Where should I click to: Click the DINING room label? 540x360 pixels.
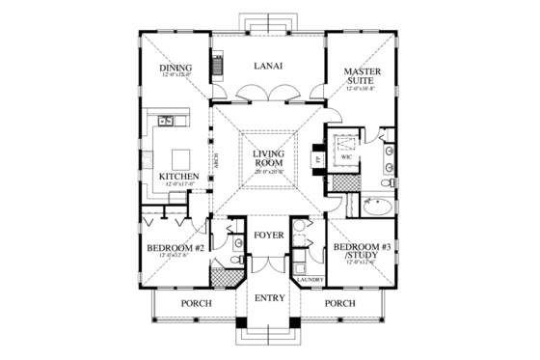point(175,67)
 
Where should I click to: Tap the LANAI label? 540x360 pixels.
point(267,67)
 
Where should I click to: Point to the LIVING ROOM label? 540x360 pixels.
point(270,159)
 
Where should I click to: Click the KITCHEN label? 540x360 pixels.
point(179,176)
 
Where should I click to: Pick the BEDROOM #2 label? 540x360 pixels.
point(175,248)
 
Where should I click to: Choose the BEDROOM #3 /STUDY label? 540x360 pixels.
point(360,253)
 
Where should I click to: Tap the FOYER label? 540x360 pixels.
point(269,235)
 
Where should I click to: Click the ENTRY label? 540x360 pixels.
point(269,297)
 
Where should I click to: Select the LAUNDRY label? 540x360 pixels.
point(310,279)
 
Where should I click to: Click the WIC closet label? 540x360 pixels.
point(345,155)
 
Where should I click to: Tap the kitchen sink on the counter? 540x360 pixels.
point(165,121)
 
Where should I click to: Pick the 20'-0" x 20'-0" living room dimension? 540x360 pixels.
point(270,171)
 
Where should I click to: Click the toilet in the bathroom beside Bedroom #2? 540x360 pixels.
point(221,261)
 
